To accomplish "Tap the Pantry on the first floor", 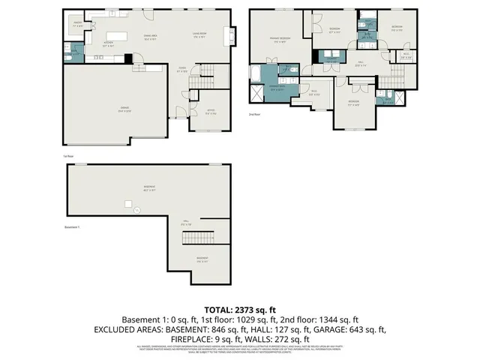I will pos(78,25).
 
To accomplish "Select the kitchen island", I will pos(116,36).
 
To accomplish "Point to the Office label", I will pos(200,112).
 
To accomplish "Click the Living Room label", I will pos(199,36).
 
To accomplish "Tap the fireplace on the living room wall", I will pos(233,35).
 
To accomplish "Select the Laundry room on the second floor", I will pos(329,59).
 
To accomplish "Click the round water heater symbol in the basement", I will pos(137,211).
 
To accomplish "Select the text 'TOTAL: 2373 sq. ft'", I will pos(240,310).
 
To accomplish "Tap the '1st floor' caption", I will pos(67,155).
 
